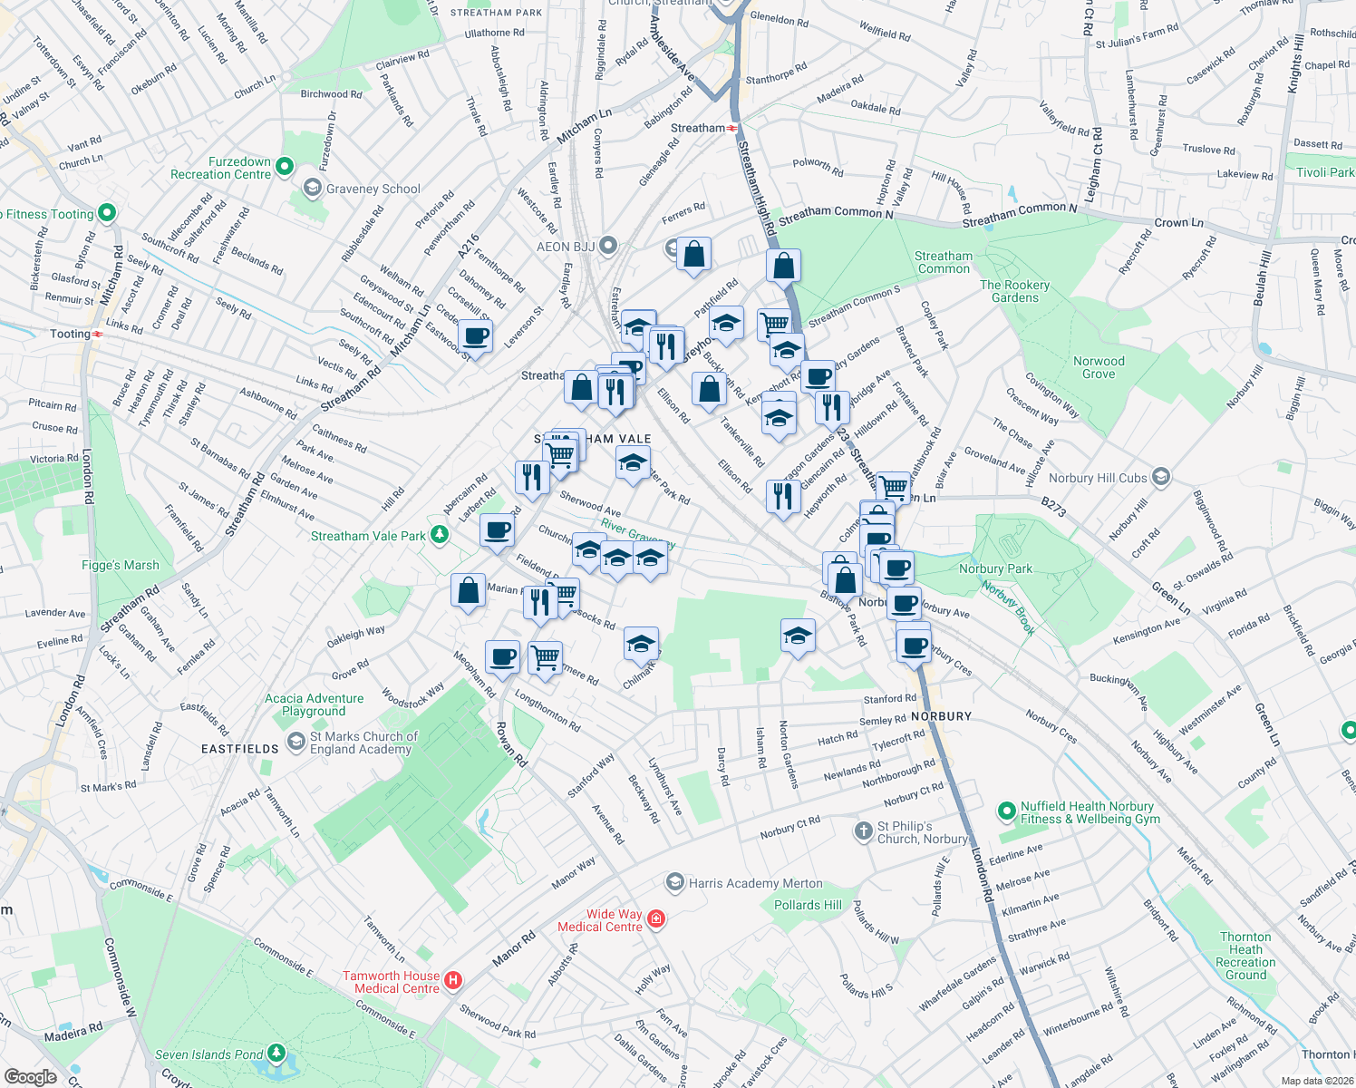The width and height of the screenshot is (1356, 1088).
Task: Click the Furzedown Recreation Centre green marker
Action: coord(285,166)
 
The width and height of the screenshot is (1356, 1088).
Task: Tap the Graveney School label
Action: coord(373,189)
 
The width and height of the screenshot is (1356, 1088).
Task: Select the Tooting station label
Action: coord(70,334)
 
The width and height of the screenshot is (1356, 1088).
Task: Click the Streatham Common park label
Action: coord(944,262)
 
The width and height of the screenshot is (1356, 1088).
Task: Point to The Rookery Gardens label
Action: coord(1014,291)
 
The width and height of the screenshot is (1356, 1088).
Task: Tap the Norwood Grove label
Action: coord(1099,367)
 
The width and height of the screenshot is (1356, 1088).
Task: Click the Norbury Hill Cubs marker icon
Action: coord(1161,477)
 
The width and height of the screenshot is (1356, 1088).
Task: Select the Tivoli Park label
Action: coord(1324,172)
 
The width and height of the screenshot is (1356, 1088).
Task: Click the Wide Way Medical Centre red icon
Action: coord(656,919)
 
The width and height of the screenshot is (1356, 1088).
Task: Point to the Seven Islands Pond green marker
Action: coord(276,1054)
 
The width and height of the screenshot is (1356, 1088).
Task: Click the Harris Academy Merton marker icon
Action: coord(674,882)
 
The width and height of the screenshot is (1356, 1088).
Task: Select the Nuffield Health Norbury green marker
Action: coord(1005,811)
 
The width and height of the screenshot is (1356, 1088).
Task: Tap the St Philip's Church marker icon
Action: coord(863,830)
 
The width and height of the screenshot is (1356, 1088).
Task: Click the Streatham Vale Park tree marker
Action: coord(440,535)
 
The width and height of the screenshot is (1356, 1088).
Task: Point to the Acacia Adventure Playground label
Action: coord(314,704)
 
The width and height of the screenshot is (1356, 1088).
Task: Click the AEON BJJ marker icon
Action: coord(608,246)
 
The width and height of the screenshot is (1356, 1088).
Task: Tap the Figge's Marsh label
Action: coord(121,565)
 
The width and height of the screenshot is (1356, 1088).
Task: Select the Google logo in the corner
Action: coord(31,1076)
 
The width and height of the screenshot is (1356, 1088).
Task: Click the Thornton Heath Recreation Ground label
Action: coord(1245,956)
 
